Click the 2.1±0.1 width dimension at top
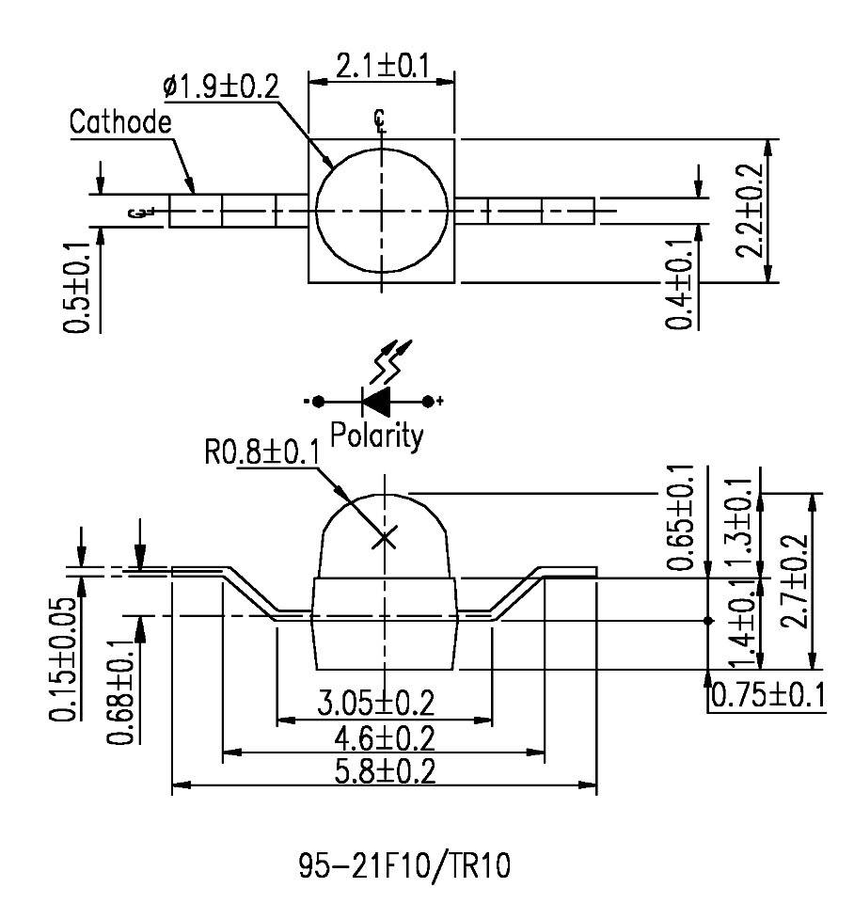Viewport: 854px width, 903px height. tap(382, 67)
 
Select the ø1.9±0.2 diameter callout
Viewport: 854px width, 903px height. tap(221, 87)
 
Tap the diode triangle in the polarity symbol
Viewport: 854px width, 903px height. tap(377, 402)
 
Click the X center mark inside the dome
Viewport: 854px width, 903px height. tap(384, 538)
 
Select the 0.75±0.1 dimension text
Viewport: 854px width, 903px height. tap(767, 695)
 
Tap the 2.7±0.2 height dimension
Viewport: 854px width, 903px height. tap(799, 580)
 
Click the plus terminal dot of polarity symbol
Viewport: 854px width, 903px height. tap(429, 402)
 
